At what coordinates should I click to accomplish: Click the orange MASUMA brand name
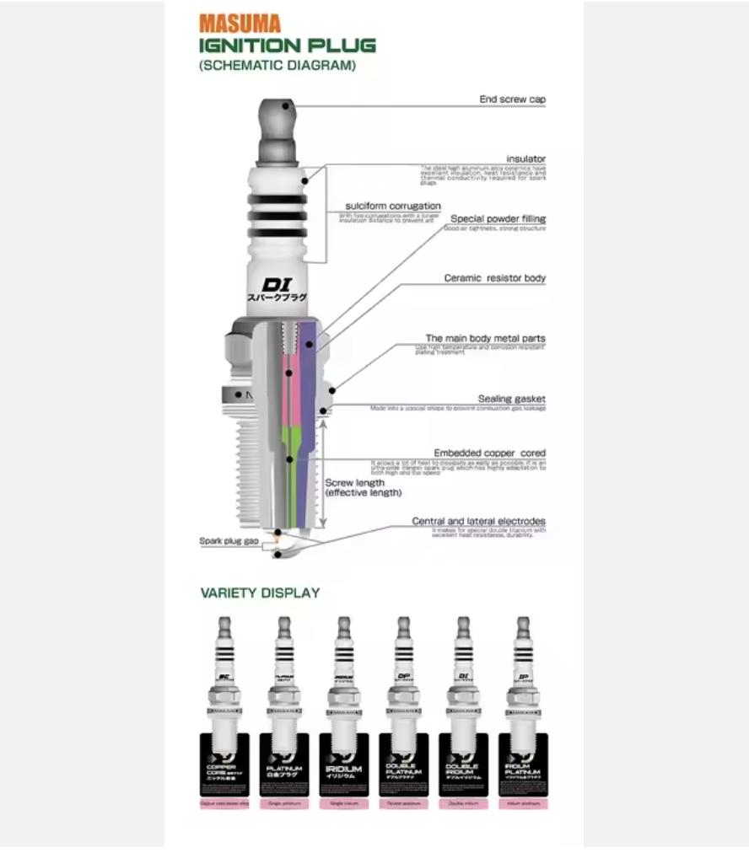point(240,24)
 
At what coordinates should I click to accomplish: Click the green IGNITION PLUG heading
point(287,46)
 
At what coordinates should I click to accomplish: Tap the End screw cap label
point(512,99)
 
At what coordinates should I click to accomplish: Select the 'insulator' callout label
point(525,158)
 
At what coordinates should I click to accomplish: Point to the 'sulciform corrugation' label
point(392,206)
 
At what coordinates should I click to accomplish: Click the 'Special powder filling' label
point(498,219)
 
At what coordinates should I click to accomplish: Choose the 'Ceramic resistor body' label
point(494,278)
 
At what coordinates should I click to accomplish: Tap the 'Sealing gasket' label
point(511,399)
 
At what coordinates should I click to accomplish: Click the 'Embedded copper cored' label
point(489,453)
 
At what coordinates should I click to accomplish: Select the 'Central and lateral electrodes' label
point(478,521)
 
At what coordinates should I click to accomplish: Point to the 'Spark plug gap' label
point(229,541)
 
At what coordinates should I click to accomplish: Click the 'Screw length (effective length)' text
point(363,488)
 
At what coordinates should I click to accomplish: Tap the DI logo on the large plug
point(276,285)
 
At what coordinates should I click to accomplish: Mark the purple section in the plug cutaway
point(309,354)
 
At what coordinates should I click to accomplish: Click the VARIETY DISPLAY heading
point(260,593)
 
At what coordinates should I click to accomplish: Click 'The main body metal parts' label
point(485,338)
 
